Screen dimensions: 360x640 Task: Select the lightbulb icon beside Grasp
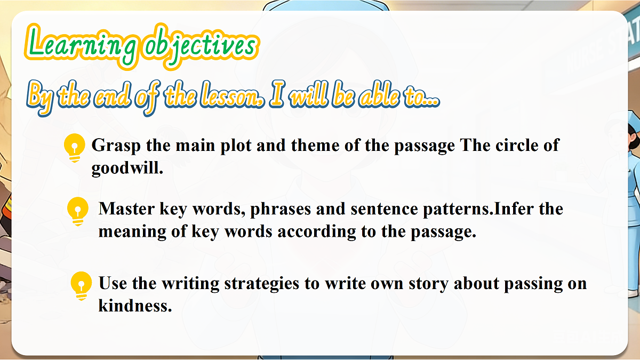(74, 147)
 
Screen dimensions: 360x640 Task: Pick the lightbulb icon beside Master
(78, 210)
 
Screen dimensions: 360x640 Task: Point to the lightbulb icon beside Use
(81, 285)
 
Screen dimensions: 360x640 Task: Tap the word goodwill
(126, 169)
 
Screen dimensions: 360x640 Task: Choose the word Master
(127, 209)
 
